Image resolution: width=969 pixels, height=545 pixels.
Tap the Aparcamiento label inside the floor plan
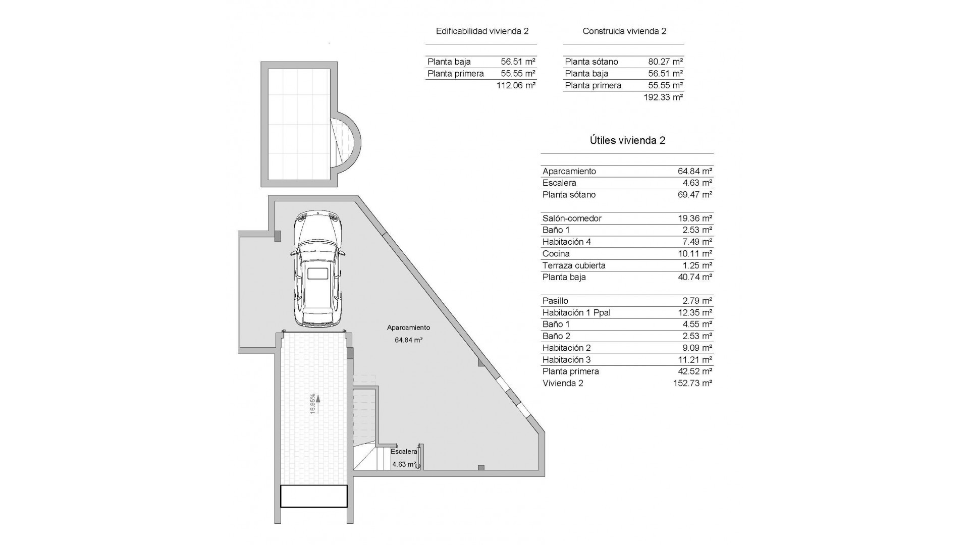click(408, 328)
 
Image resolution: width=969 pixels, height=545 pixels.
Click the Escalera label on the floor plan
click(404, 452)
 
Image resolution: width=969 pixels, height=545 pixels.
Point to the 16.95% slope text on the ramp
click(313, 404)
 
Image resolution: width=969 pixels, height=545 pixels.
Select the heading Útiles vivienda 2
click(627, 140)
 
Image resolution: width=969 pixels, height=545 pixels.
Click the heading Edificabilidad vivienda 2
click(482, 31)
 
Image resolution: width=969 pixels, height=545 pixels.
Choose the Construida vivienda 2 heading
click(624, 31)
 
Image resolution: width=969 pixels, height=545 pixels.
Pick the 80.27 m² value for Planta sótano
click(665, 62)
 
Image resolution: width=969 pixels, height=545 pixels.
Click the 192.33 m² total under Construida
click(663, 97)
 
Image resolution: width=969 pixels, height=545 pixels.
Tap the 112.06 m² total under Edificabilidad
click(516, 86)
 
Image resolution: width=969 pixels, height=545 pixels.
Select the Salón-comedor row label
click(572, 218)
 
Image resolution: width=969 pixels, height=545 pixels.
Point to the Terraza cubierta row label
click(574, 265)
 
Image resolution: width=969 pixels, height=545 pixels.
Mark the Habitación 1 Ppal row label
click(576, 312)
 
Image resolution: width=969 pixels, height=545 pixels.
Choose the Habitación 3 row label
click(566, 360)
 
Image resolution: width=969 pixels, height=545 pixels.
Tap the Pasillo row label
click(555, 301)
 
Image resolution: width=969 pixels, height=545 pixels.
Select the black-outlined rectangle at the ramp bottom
click(314, 496)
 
